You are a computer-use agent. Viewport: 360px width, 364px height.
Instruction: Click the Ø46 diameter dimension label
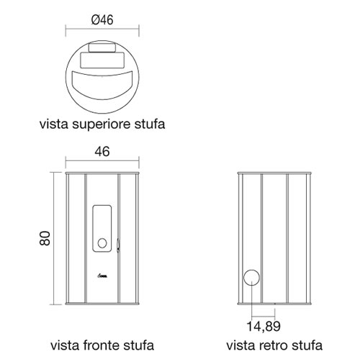tap(102, 20)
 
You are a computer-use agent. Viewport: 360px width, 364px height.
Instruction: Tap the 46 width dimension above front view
tap(102, 152)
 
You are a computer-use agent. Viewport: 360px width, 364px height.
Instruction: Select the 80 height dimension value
tap(45, 238)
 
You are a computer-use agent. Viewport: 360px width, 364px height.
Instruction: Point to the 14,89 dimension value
tap(264, 327)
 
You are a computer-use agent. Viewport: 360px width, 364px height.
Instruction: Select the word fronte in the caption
tap(102, 345)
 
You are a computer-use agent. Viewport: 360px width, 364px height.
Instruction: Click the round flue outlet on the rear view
tap(251, 278)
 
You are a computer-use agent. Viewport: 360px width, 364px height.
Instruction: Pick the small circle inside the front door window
tap(102, 243)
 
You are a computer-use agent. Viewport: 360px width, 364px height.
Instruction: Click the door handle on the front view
tap(118, 245)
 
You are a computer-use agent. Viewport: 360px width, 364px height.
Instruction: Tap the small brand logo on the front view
tap(102, 276)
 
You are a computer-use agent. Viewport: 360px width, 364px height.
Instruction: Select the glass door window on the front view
tap(102, 228)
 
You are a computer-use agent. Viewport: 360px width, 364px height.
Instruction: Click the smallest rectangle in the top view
tap(102, 47)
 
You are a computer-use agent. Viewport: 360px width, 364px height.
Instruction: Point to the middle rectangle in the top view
tap(102, 60)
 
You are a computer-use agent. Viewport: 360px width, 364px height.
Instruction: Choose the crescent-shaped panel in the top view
tap(102, 85)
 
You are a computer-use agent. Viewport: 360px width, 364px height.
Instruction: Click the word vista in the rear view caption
tap(241, 345)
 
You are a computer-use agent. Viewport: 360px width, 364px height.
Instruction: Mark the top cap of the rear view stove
tap(274, 173)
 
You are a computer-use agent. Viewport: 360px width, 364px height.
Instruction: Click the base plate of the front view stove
tap(102, 304)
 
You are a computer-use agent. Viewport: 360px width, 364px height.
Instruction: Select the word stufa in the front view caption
tap(139, 345)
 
